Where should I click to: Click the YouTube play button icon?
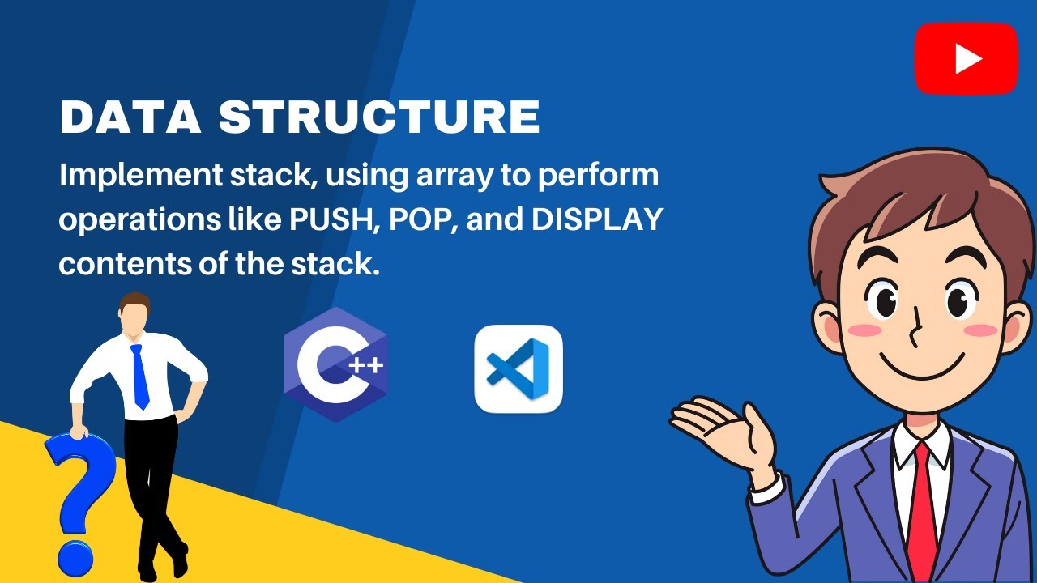[x=966, y=58]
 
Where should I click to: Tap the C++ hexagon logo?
[x=335, y=364]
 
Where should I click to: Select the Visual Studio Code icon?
[x=518, y=368]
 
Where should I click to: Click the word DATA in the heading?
[x=130, y=118]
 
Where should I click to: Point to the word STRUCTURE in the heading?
[x=379, y=118]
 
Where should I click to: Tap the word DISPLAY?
[x=597, y=219]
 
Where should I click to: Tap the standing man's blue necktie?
[x=139, y=377]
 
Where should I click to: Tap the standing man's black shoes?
[x=162, y=563]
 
